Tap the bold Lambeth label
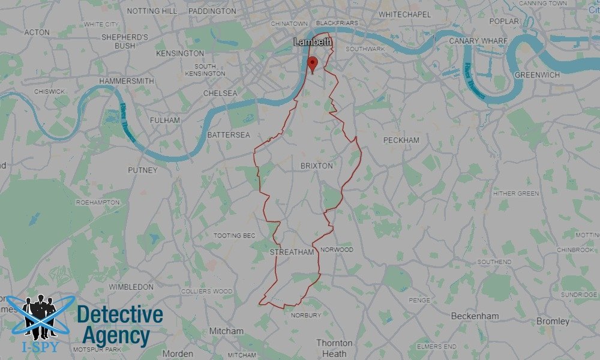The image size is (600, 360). (x=313, y=42)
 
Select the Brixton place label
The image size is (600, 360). (x=316, y=166)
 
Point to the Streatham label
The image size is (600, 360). (x=292, y=253)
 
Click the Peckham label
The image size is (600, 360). (x=401, y=140)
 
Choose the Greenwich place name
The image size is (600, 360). (x=537, y=75)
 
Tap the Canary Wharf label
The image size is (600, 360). (x=478, y=41)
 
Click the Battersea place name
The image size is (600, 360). (x=229, y=135)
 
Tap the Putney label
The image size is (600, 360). (x=142, y=170)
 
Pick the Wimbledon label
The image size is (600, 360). (x=131, y=287)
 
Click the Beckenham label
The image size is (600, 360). (x=475, y=316)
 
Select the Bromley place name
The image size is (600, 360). (x=553, y=322)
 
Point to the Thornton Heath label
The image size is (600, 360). (x=334, y=348)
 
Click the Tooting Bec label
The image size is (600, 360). (x=235, y=236)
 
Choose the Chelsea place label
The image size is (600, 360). (x=220, y=94)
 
